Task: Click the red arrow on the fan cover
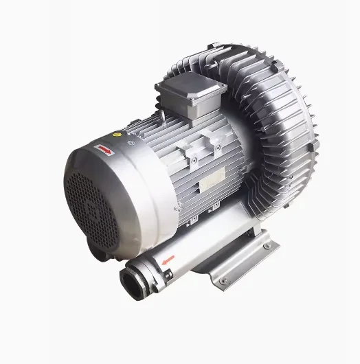106,146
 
